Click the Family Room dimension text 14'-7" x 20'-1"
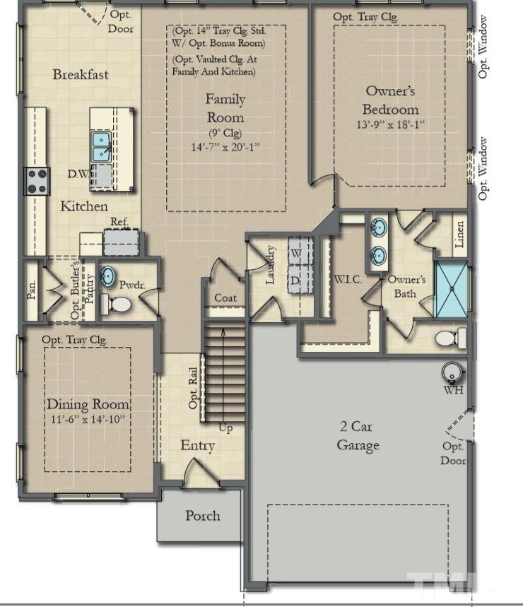pos(225,147)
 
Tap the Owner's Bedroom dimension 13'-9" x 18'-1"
pos(391,124)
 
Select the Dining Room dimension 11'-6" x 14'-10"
pos(88,419)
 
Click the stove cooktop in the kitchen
pos(37,181)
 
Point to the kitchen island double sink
pos(102,146)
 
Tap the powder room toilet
pos(115,305)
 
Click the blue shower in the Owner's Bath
pos(452,289)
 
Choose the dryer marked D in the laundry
pos(300,279)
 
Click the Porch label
pos(202,516)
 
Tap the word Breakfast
pos(81,74)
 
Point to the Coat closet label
pos(225,297)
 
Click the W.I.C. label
pos(348,279)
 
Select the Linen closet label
pos(459,234)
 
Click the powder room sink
pos(107,276)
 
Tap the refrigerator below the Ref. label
pos(121,242)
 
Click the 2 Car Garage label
pos(358,436)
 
